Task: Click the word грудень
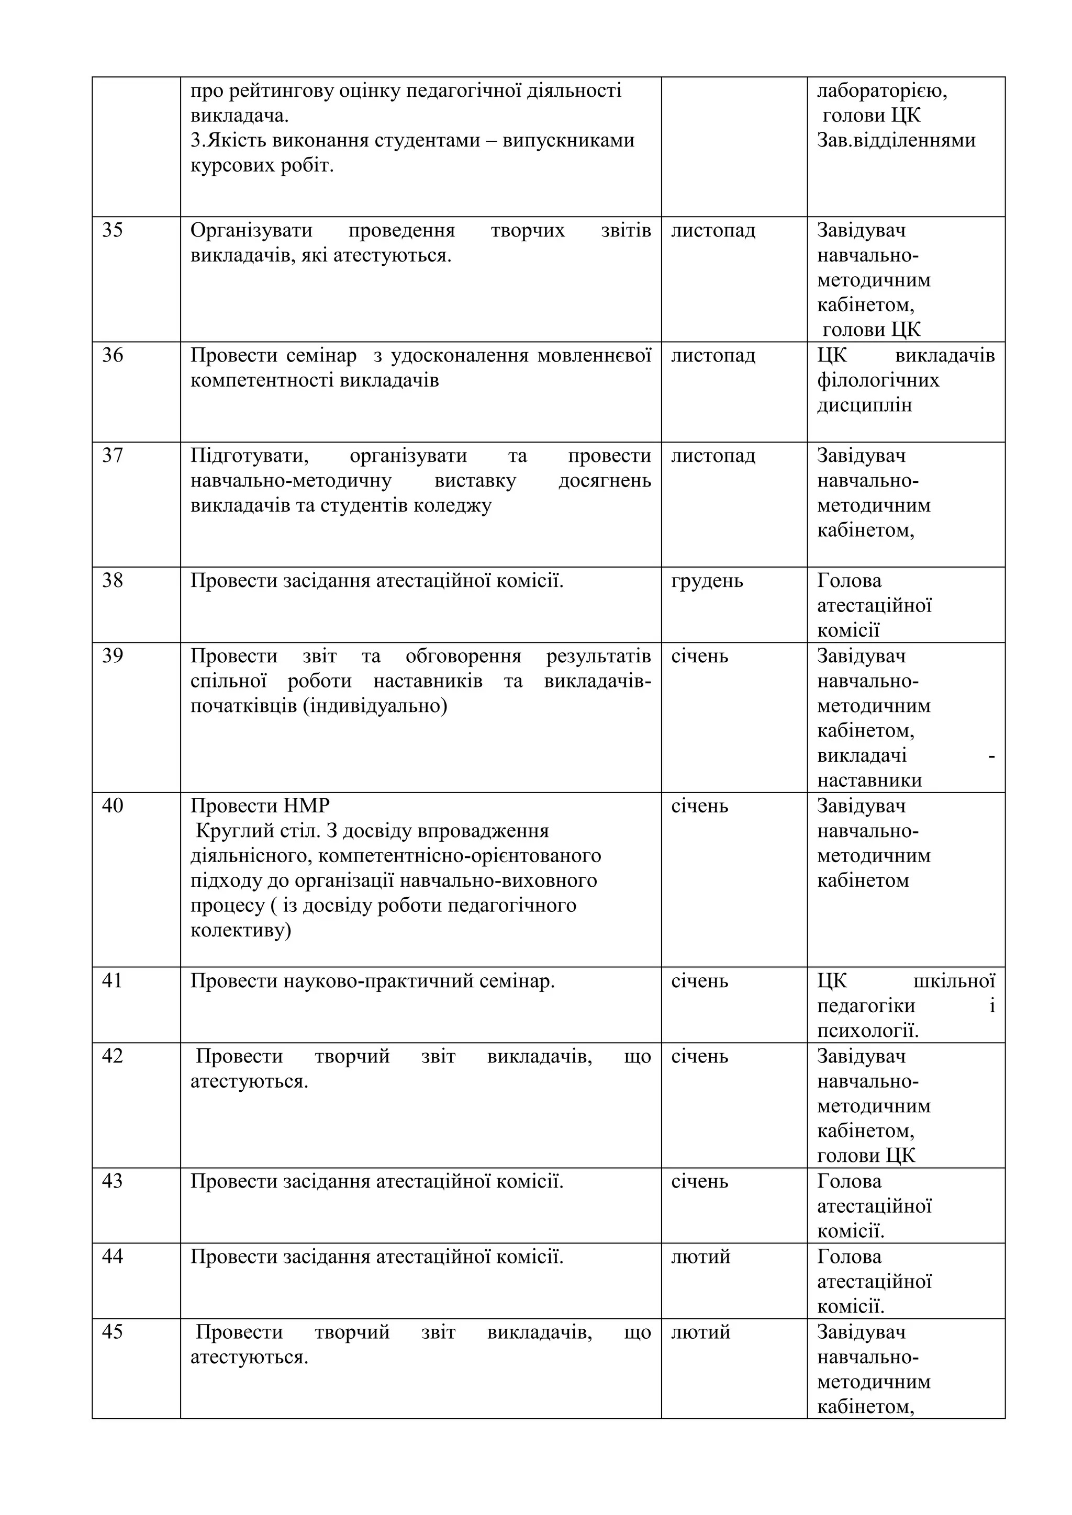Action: click(707, 581)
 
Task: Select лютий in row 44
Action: click(700, 1257)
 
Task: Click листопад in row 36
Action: click(713, 356)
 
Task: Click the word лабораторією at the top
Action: click(882, 91)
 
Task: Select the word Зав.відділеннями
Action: click(896, 141)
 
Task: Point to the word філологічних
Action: click(878, 381)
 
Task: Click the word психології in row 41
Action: click(867, 1031)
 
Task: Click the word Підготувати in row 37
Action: click(250, 456)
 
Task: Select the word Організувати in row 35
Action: click(251, 231)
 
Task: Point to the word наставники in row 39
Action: click(869, 781)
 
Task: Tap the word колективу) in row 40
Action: click(240, 930)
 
